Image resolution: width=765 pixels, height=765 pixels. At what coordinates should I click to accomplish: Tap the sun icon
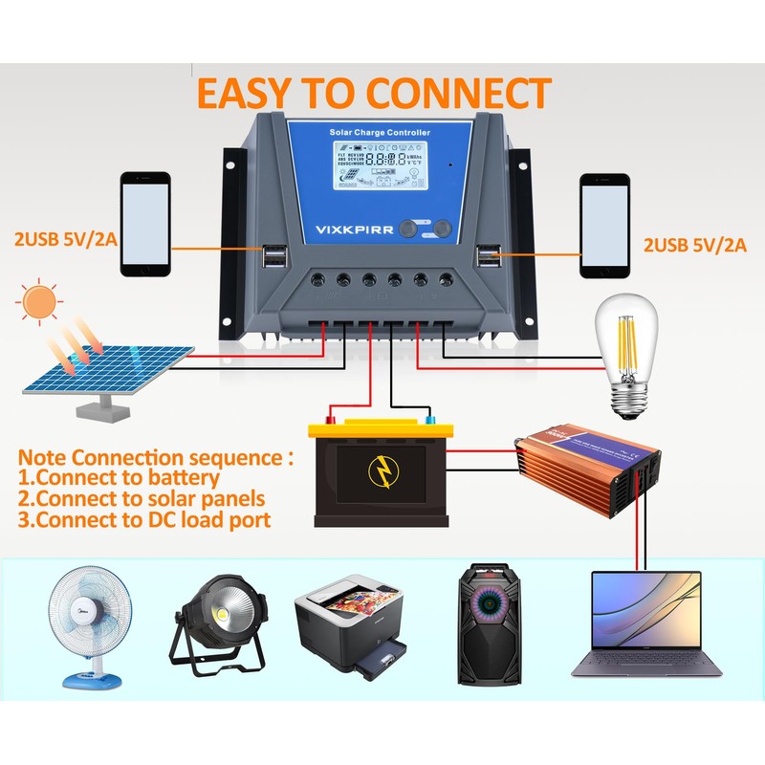41,301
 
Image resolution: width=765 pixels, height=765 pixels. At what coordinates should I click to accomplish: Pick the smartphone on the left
145,225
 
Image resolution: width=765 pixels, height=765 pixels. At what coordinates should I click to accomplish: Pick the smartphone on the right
605,225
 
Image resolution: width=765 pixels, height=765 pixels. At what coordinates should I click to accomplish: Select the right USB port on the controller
489,256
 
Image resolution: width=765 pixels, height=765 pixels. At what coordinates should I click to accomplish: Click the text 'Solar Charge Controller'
380,132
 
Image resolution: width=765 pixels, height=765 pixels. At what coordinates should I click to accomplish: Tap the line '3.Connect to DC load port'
143,520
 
